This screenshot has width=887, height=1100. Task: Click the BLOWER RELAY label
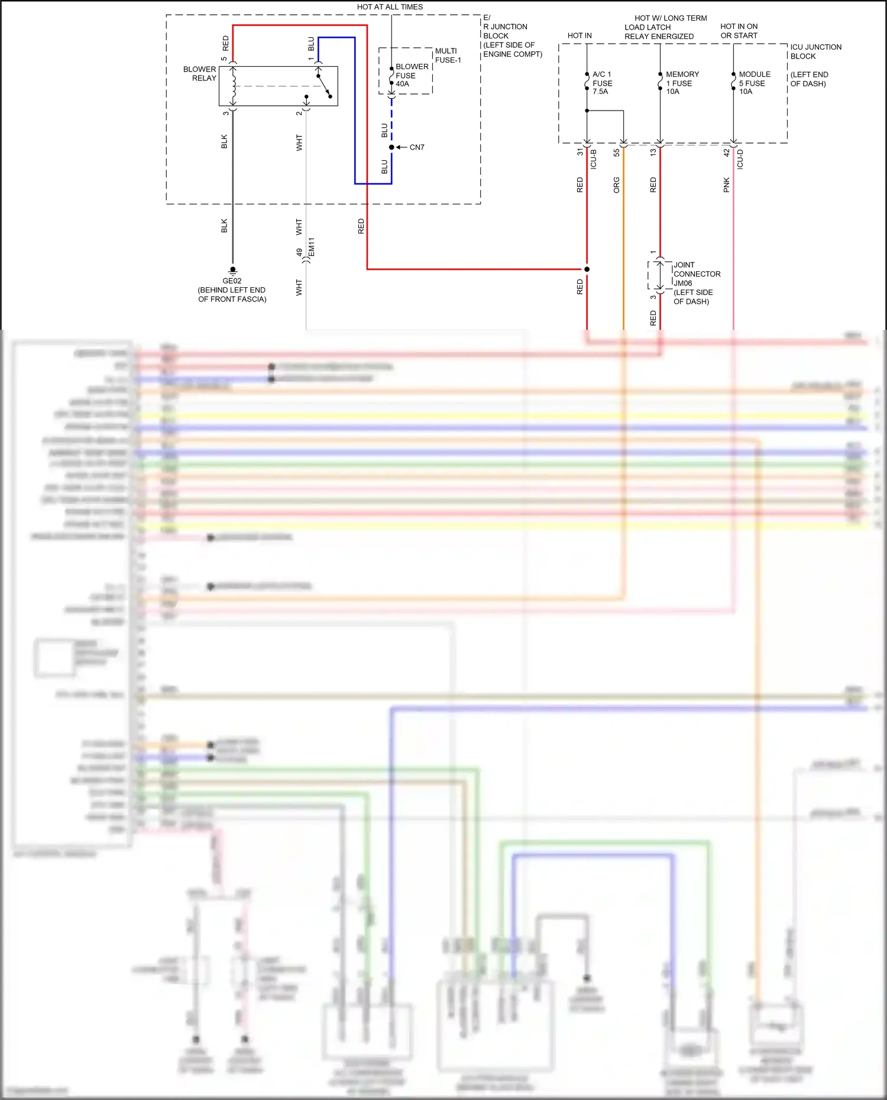click(200, 74)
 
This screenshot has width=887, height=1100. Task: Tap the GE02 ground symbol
click(232, 270)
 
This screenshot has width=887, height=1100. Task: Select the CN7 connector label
click(417, 147)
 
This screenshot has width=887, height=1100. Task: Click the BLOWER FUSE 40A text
click(412, 75)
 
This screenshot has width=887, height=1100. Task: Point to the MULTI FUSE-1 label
click(448, 56)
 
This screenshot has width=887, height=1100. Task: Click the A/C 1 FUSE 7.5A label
click(602, 83)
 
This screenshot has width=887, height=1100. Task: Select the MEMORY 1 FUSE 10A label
click(682, 83)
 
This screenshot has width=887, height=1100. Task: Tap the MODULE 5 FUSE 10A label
click(755, 83)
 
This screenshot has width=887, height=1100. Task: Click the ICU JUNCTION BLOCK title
click(815, 51)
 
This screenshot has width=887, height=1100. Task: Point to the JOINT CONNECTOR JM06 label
click(697, 274)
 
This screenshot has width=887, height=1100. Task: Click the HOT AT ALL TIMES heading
click(390, 7)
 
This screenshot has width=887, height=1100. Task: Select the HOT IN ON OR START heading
click(739, 31)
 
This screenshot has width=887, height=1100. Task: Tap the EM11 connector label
click(312, 247)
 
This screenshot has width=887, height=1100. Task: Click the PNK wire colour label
click(727, 185)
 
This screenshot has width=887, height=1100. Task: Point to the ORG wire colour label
click(617, 185)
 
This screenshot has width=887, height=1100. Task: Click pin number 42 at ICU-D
click(727, 152)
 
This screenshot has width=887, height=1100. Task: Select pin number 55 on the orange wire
click(617, 152)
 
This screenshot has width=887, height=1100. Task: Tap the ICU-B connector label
click(594, 160)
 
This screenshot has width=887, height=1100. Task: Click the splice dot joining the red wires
click(587, 269)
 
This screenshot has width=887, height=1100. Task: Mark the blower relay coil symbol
click(234, 86)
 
